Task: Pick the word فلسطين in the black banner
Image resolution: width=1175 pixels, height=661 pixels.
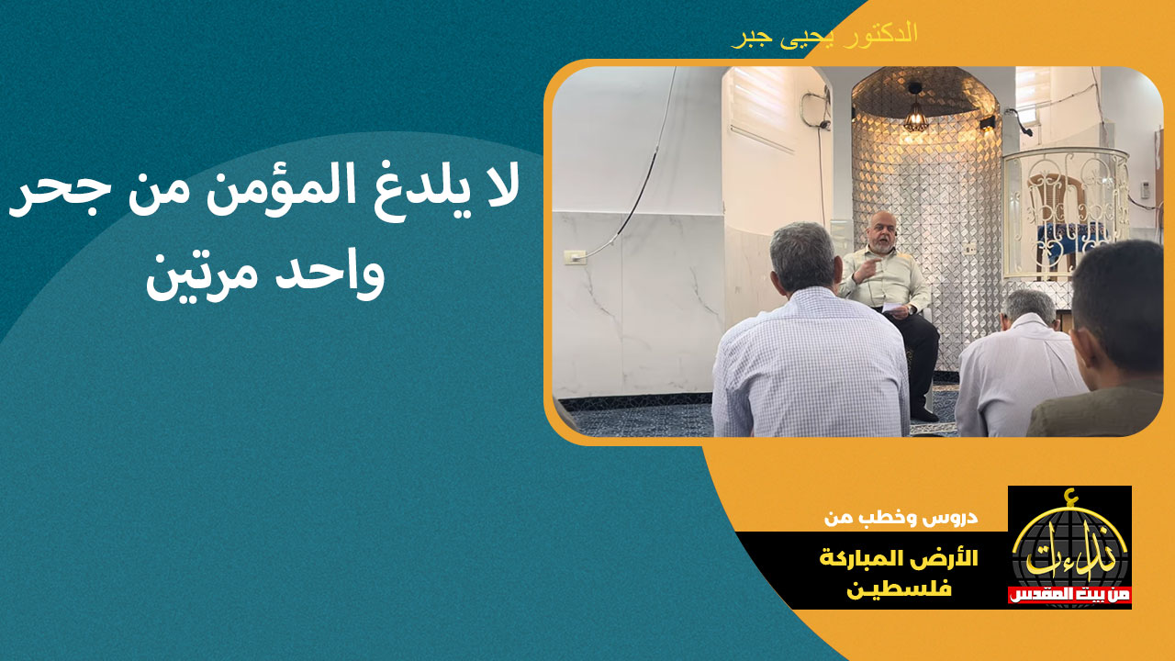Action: tap(899, 588)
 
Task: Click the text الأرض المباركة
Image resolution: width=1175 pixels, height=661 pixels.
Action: tap(899, 558)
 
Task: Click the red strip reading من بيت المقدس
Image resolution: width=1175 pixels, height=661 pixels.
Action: tap(1069, 595)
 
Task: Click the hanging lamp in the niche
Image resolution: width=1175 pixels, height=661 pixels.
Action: tap(916, 112)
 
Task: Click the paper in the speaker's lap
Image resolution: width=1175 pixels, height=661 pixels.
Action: tap(897, 308)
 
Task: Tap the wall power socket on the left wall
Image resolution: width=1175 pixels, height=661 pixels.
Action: tap(575, 257)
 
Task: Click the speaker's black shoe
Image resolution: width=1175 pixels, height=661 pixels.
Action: tap(924, 414)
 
